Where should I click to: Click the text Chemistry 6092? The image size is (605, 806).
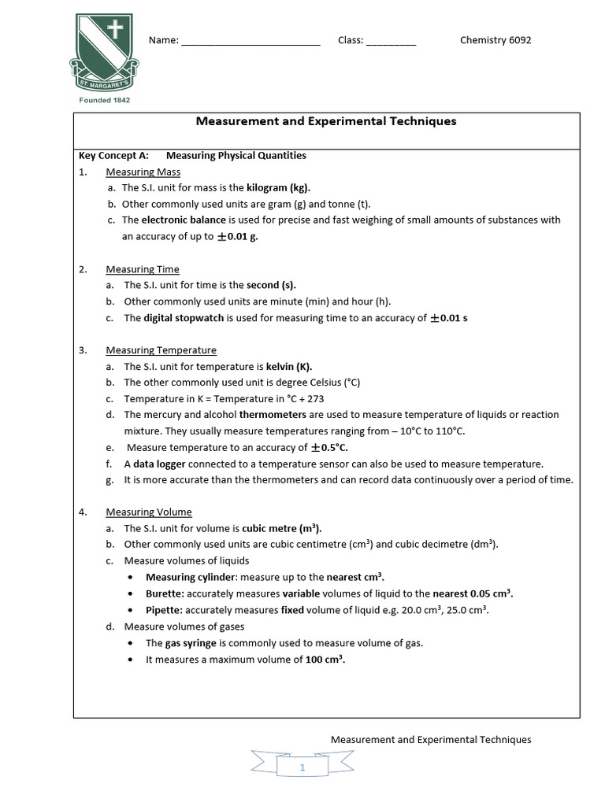(x=496, y=40)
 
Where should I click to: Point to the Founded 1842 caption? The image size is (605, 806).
(x=105, y=100)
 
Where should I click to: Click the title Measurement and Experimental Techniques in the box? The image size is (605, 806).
(x=325, y=121)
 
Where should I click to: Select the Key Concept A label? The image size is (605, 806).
(x=113, y=156)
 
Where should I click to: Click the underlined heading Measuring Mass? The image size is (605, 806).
(x=143, y=172)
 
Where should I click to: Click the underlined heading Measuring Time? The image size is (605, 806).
(x=143, y=269)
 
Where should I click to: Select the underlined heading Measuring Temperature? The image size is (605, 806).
(x=161, y=350)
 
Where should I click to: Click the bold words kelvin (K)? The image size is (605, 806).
(x=289, y=367)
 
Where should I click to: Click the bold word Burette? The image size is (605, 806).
(x=164, y=593)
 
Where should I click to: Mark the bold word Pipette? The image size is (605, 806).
(x=164, y=610)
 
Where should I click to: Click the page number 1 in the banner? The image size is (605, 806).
(x=302, y=768)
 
